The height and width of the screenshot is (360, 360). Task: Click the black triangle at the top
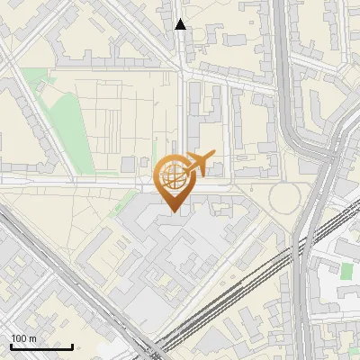[181, 24]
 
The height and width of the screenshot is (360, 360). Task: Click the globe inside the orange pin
[173, 176]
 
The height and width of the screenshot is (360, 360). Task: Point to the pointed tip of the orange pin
[173, 211]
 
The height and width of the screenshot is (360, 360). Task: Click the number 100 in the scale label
[18, 338]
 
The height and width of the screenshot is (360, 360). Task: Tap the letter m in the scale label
[32, 338]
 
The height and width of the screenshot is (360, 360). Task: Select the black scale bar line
[41, 346]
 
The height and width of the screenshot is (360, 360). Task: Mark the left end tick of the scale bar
[11, 346]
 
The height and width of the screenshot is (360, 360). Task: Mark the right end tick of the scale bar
[73, 346]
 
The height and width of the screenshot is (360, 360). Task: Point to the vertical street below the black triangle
[182, 90]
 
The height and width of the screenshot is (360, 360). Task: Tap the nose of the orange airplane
[216, 154]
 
